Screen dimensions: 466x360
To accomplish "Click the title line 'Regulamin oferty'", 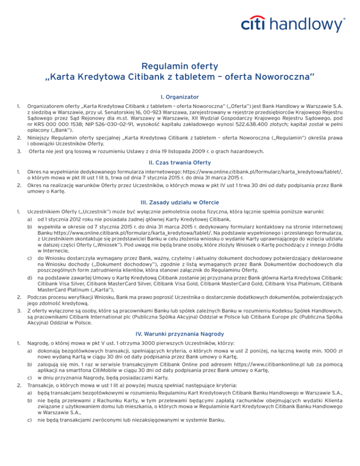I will pyautogui.click(x=180, y=67).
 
